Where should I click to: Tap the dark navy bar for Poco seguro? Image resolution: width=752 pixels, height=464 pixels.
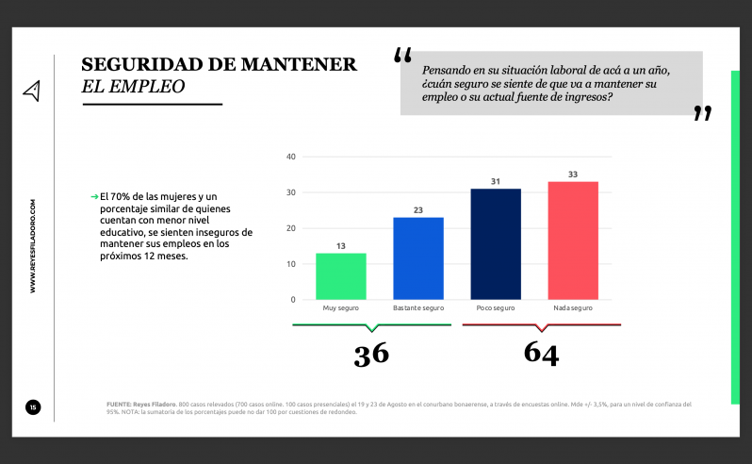coord(496,244)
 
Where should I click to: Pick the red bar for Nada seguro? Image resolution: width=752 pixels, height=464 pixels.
coord(573,240)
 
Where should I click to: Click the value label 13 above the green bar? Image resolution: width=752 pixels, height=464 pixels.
coord(340,246)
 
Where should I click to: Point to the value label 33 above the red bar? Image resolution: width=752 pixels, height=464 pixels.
coord(573,174)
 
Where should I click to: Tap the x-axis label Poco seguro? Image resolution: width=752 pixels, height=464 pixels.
coord(496,308)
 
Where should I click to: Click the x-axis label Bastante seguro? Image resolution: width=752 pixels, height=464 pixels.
coord(417,308)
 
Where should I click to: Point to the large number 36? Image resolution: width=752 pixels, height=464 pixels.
coord(370,354)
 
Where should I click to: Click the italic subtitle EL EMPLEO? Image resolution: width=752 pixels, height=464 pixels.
coord(133,86)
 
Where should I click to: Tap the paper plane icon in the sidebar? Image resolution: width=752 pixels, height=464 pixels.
coord(32,91)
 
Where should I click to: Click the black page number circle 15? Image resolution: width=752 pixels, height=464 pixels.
coord(32,407)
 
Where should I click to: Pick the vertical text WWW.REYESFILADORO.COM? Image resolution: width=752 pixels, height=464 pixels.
coord(33,245)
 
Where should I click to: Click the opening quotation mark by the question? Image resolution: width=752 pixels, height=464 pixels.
coord(402,56)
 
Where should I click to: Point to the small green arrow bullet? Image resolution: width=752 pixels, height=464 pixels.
coord(94,196)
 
